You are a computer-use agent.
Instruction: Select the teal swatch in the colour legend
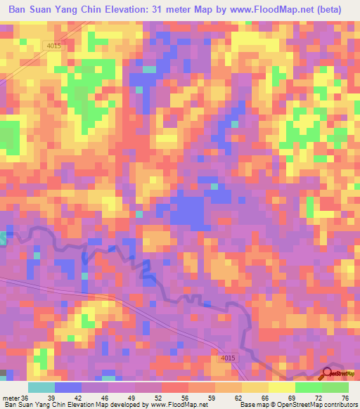(41, 387)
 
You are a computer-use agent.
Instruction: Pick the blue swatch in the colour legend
(68, 387)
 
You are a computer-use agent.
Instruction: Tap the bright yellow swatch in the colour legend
(281, 387)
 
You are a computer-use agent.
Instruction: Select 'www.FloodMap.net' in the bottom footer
(179, 404)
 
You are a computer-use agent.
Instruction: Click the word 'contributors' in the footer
(339, 404)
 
